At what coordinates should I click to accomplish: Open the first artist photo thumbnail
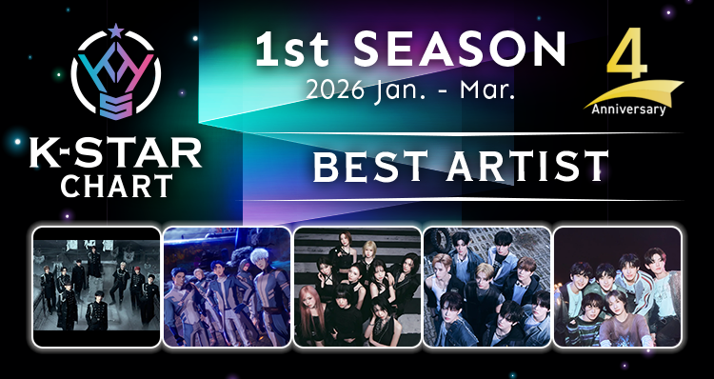coord(96,287)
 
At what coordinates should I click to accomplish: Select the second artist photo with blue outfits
coord(227,287)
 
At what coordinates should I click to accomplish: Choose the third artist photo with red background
coord(357,287)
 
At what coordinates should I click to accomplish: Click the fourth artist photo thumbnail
coord(487,287)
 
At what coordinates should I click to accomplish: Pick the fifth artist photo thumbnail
coord(618,287)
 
